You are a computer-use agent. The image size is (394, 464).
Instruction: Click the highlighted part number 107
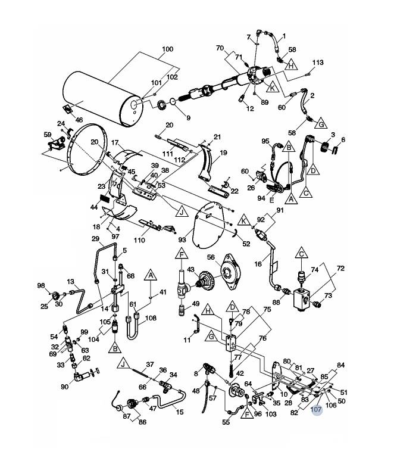click(x=317, y=409)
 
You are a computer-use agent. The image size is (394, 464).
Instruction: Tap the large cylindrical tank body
click(x=101, y=98)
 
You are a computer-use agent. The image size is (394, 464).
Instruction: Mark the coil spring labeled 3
click(x=326, y=146)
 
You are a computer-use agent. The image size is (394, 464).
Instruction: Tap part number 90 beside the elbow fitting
click(x=64, y=387)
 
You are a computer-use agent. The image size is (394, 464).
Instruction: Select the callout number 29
click(x=94, y=239)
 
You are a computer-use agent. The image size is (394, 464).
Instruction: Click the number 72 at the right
click(x=341, y=269)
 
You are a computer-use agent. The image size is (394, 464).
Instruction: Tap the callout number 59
click(x=48, y=135)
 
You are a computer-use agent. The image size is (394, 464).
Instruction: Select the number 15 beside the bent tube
click(x=180, y=412)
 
